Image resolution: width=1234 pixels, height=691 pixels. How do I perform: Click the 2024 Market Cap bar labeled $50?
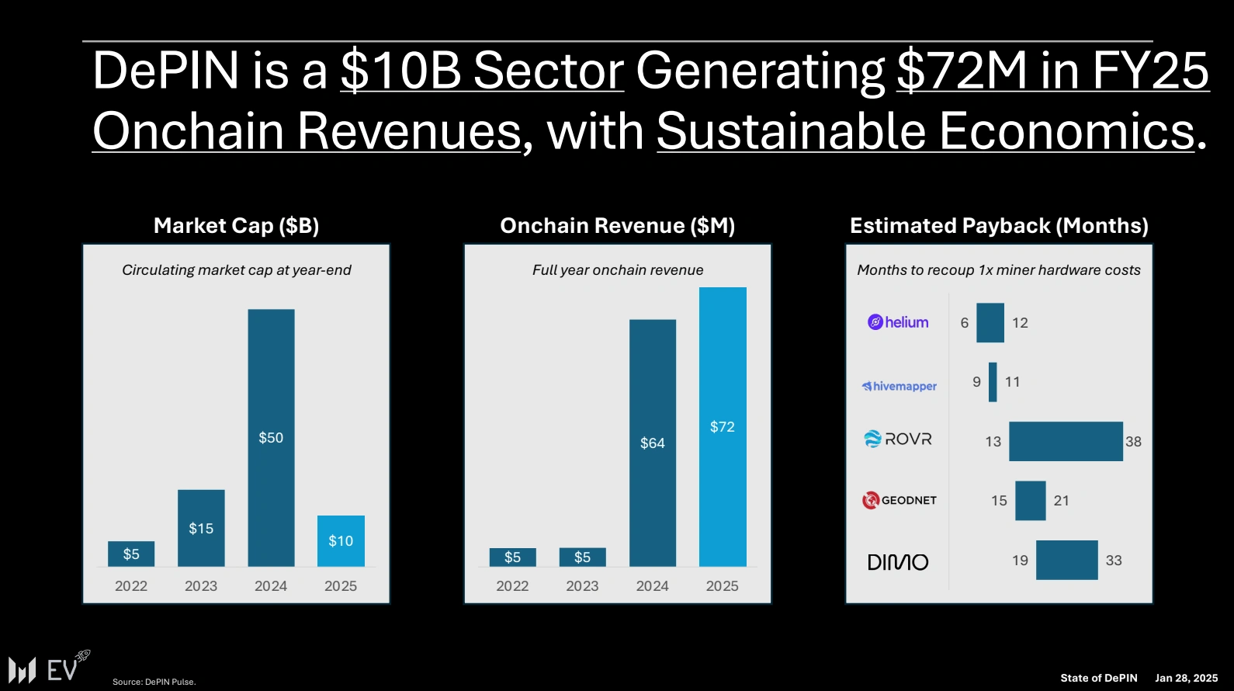click(x=271, y=437)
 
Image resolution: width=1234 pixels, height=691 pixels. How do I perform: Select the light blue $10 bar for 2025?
click(x=341, y=540)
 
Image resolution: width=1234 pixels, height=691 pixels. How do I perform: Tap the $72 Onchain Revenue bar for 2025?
click(x=723, y=426)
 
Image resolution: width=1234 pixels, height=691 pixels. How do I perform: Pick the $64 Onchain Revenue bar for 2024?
click(x=652, y=443)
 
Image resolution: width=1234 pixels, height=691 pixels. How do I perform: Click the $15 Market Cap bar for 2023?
click(x=201, y=528)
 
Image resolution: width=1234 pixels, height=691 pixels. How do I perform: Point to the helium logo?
click(x=898, y=322)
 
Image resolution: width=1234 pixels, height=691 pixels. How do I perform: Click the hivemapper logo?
click(x=899, y=386)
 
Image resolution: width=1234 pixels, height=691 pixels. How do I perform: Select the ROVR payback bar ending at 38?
click(x=1066, y=441)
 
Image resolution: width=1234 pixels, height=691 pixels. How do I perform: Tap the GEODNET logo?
click(x=900, y=500)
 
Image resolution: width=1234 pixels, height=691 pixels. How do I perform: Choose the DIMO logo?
click(x=897, y=562)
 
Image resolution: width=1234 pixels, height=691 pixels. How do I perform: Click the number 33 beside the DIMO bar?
click(x=1114, y=561)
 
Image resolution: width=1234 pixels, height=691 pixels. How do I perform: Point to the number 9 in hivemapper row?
click(x=976, y=382)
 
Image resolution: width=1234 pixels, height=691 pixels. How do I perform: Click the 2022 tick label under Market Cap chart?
click(x=131, y=586)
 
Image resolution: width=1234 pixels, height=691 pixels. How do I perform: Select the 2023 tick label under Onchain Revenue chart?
click(x=582, y=586)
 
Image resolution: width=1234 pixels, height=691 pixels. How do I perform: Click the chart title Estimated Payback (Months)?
click(x=999, y=226)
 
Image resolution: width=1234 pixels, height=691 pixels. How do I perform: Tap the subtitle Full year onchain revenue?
click(x=618, y=270)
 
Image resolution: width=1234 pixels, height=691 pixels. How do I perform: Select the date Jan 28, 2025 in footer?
click(x=1186, y=678)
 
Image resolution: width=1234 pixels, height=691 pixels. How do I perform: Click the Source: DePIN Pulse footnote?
click(x=154, y=682)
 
